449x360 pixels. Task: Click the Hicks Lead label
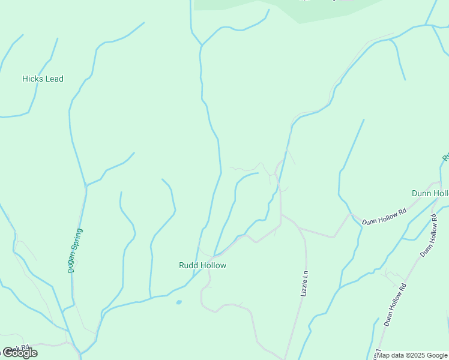point(43,79)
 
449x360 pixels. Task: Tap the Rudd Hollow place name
point(202,265)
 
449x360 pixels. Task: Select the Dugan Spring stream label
point(76,251)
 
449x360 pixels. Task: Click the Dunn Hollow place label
point(430,193)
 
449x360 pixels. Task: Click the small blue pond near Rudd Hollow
point(179,302)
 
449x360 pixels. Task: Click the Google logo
point(19,353)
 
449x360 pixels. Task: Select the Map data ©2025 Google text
point(412,355)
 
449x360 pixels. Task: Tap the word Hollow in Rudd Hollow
point(214,265)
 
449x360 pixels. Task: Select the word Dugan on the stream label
point(72,262)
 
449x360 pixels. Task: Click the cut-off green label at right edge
point(445,157)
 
